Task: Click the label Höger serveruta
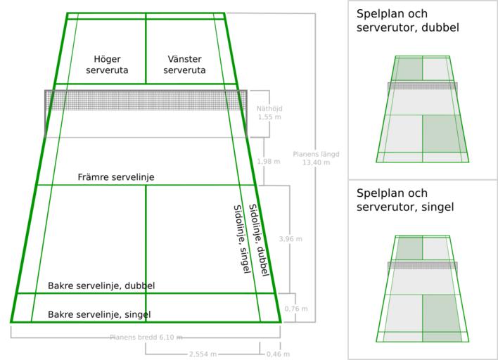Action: coord(107,65)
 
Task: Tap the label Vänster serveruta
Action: coord(184,65)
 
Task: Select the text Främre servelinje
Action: coord(116,177)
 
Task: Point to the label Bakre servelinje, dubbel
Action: coord(101,286)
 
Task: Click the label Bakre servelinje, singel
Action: coord(99,314)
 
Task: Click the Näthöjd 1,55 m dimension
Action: coord(265,112)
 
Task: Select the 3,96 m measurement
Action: coord(290,239)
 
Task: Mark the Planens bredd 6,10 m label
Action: coord(146,337)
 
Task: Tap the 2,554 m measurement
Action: coord(202,354)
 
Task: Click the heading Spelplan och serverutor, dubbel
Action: coord(408,21)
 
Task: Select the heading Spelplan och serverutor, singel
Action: coord(405,200)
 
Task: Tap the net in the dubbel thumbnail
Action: coord(423,86)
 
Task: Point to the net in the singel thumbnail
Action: coord(423,265)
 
